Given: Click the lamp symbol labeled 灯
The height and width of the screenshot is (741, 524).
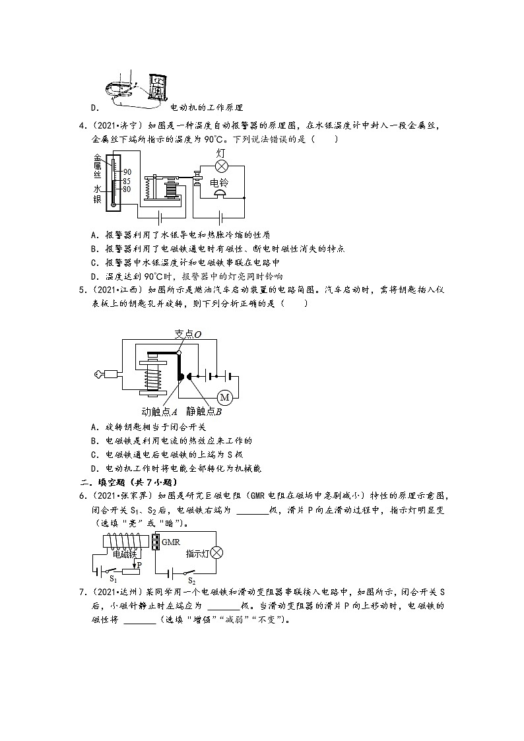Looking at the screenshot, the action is pos(222,166).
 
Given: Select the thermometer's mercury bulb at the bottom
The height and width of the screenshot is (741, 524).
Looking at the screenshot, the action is pos(114,204).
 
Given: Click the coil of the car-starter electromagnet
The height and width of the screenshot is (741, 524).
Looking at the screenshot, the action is pos(152,381).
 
